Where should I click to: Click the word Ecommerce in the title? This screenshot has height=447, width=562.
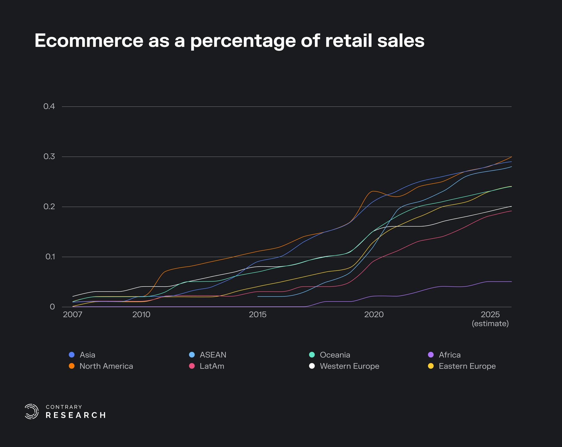(89, 41)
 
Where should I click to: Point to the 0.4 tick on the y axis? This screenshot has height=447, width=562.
(49, 106)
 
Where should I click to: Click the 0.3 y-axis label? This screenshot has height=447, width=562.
(49, 156)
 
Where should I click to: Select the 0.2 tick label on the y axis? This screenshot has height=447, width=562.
(49, 207)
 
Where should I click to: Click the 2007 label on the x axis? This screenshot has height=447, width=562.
(72, 314)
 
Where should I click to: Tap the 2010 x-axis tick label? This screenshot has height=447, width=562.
(141, 314)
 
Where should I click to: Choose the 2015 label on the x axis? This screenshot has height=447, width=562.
(258, 314)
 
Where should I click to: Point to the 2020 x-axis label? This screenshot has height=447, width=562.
(374, 314)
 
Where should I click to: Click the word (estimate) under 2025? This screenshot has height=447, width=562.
(490, 324)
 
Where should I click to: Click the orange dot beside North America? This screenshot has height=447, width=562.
(72, 366)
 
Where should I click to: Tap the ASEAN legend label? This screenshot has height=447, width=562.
(213, 355)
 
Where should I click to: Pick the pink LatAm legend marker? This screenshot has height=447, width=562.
(192, 366)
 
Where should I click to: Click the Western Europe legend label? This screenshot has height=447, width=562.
(349, 366)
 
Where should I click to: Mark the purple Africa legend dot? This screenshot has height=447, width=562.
(430, 355)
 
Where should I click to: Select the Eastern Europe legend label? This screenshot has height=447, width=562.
(467, 366)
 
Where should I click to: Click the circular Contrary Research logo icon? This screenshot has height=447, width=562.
(31, 412)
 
